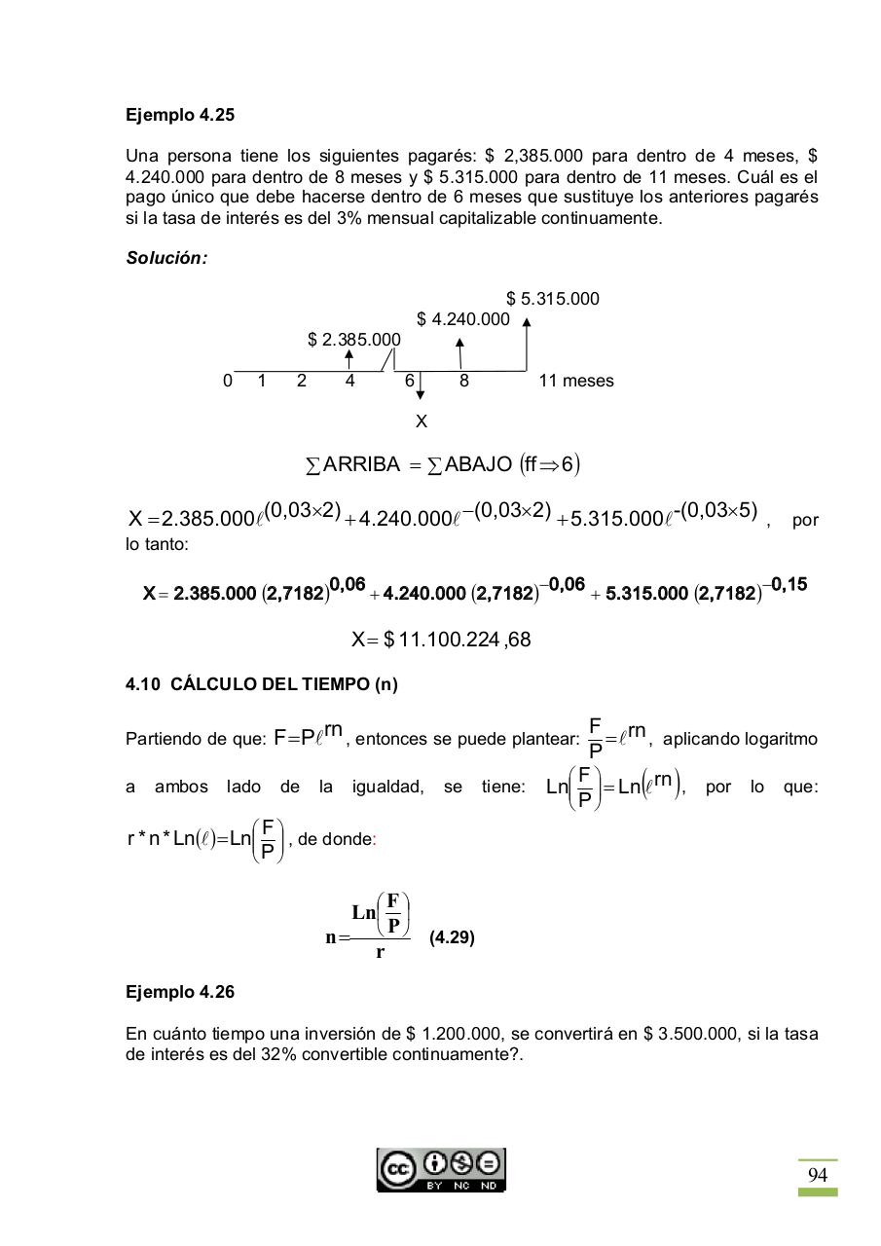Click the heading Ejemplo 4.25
(180, 115)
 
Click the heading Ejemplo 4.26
(180, 992)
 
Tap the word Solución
(166, 258)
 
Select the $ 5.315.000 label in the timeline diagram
(552, 299)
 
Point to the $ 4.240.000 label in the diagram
(462, 319)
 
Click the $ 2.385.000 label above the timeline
(353, 340)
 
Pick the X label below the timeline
(421, 421)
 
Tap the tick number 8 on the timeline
(463, 382)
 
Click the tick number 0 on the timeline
(228, 382)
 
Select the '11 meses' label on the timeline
(575, 382)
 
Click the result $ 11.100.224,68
(441, 640)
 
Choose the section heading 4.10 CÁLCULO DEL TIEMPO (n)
(261, 684)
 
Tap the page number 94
(817, 1175)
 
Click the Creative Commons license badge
(441, 1169)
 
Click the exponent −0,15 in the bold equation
(785, 584)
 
